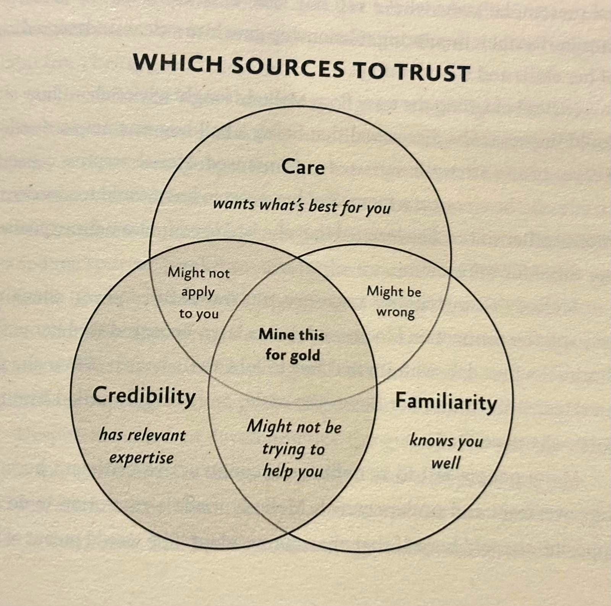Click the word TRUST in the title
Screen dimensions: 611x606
pos(432,72)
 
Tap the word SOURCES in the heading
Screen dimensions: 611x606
pos(288,67)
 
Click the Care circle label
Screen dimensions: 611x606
pos(303,167)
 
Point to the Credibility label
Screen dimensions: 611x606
pos(144,395)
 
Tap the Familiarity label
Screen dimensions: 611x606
pos(446,402)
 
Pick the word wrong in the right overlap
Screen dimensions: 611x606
pos(395,313)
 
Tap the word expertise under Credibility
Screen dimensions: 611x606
pos(141,458)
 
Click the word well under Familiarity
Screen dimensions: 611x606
pos(446,463)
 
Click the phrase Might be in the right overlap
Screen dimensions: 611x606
pos(394,292)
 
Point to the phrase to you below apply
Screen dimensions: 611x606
pos(199,314)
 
